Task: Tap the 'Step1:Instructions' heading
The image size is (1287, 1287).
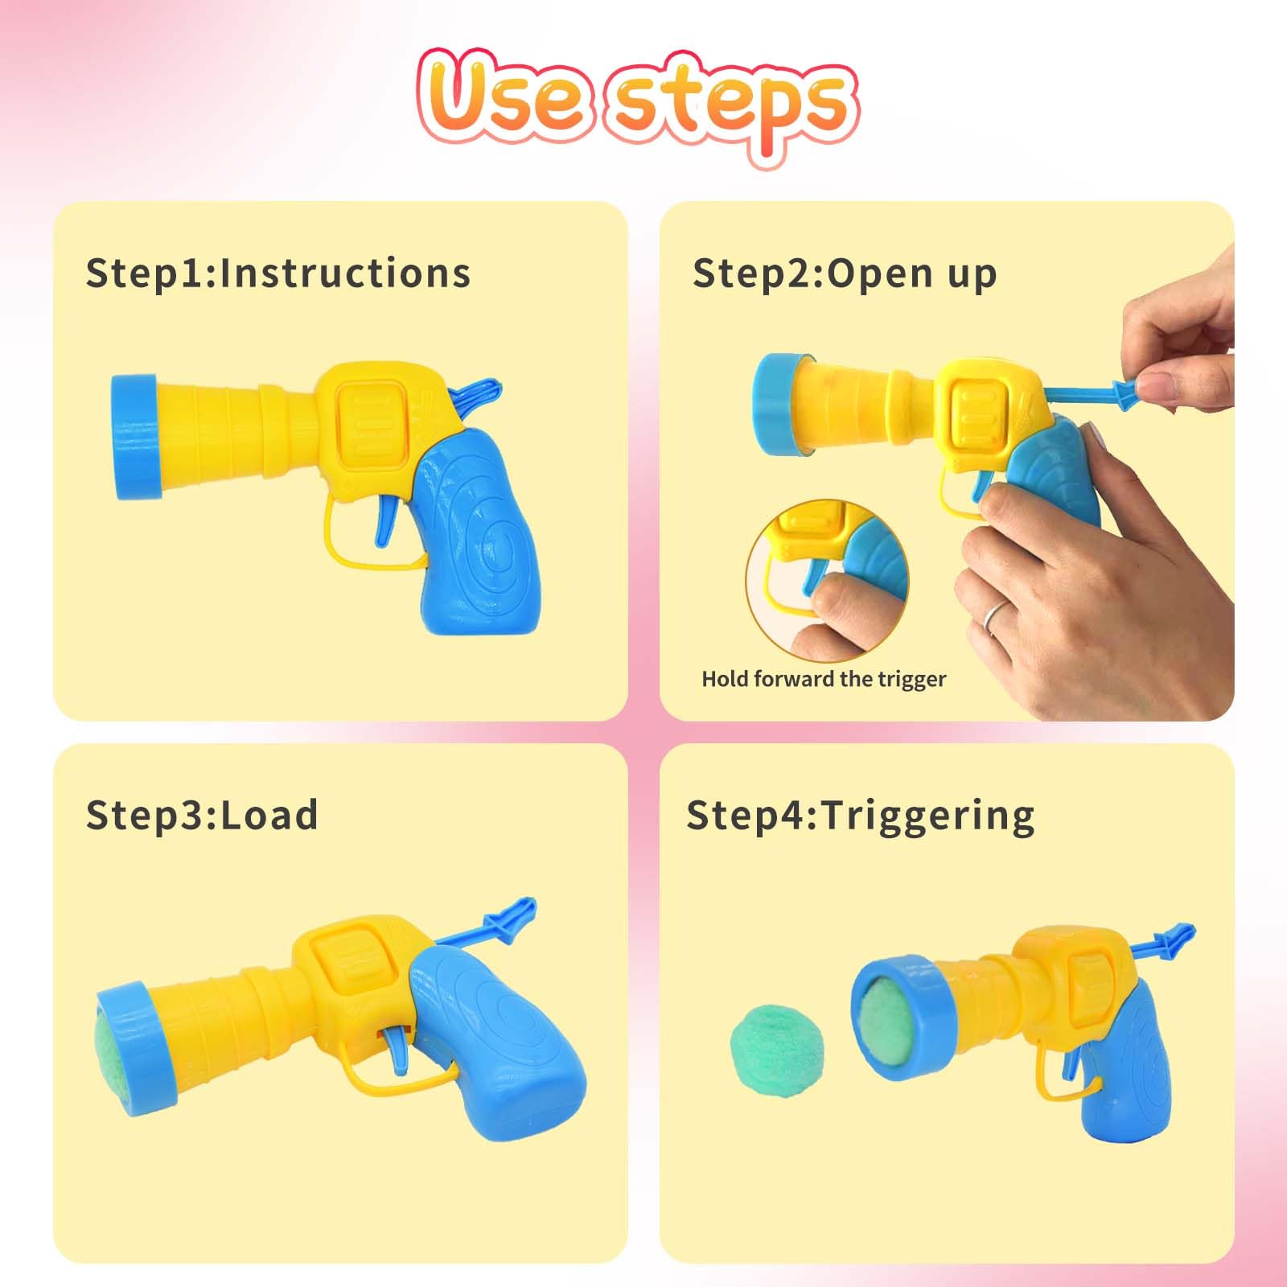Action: coord(278,273)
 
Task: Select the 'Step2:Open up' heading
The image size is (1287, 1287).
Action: coord(845,273)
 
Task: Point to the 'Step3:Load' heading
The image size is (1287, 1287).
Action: coord(202,815)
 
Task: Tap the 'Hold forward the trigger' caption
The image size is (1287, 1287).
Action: coord(824,679)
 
